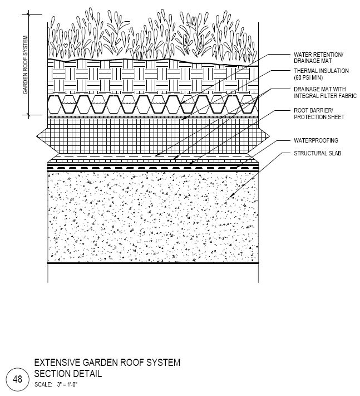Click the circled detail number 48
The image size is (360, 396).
tap(17, 379)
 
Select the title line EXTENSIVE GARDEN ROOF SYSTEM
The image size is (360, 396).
tap(107, 363)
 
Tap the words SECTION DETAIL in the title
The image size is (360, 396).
tap(68, 374)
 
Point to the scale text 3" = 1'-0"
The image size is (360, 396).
tap(67, 385)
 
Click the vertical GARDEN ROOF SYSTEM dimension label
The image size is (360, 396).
tap(25, 65)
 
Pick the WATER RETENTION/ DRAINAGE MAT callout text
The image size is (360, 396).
tap(318, 58)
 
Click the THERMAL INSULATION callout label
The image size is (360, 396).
tap(321, 71)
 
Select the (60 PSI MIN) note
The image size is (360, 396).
tap(308, 77)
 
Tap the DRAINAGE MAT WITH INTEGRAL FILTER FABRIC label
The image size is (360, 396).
tap(325, 92)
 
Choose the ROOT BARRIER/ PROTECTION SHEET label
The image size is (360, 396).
tap(319, 114)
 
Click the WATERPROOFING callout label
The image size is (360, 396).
tap(316, 140)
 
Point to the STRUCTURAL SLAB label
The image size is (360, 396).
tap(317, 153)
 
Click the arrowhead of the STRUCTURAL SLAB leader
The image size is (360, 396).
tap(230, 196)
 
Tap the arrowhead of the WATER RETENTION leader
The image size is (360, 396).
tap(183, 103)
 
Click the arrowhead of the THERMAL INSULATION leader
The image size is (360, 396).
tap(184, 118)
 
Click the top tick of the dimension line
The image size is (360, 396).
tap(28, 14)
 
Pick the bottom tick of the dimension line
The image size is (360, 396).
tap(28, 115)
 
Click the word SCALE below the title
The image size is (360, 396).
tap(43, 385)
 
